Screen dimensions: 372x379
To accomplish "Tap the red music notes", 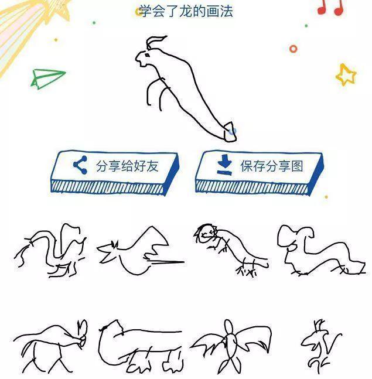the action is tap(330, 7).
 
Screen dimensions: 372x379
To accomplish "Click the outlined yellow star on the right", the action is tap(346, 75).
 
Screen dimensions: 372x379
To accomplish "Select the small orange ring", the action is tap(293, 49).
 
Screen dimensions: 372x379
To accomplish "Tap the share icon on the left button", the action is tap(80, 165).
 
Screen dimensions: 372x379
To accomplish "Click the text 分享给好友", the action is tap(127, 166).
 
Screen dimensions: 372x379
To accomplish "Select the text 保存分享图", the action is tap(271, 166).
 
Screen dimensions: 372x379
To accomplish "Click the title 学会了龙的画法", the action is tap(186, 11).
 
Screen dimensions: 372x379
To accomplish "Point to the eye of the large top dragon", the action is tap(147, 55).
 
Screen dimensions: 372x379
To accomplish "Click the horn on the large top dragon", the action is tap(155, 42).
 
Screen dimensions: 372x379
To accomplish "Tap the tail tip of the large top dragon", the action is tap(230, 132).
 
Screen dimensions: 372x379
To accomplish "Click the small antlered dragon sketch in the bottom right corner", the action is tap(320, 347).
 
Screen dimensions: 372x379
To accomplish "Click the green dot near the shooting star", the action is tap(94, 23).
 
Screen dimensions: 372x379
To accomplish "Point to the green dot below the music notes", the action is tap(306, 26).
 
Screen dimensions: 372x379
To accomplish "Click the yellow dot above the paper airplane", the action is tap(56, 40).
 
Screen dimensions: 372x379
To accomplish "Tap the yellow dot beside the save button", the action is tap(326, 197).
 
